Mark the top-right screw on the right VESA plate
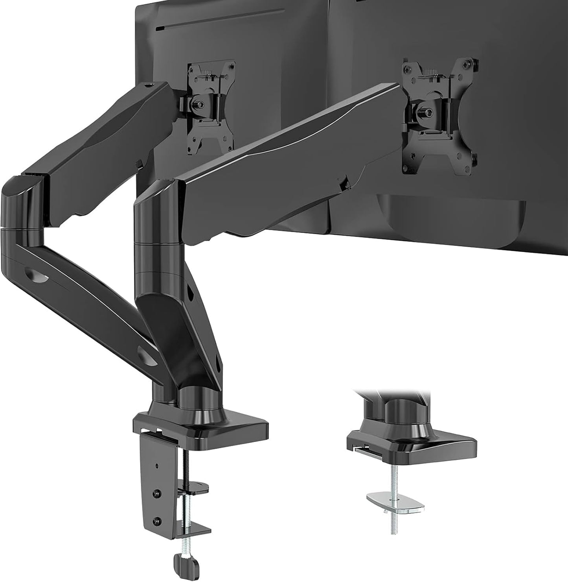(x=475, y=63)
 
